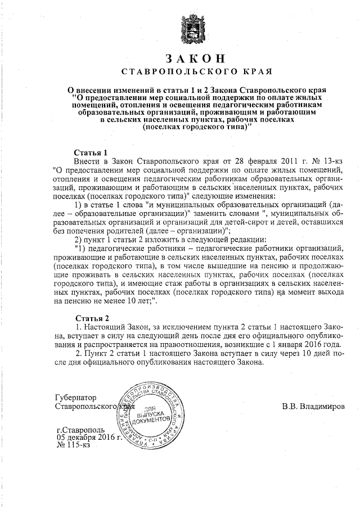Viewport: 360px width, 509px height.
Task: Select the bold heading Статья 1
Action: click(91, 152)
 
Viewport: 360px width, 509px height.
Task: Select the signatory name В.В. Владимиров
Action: click(314, 406)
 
